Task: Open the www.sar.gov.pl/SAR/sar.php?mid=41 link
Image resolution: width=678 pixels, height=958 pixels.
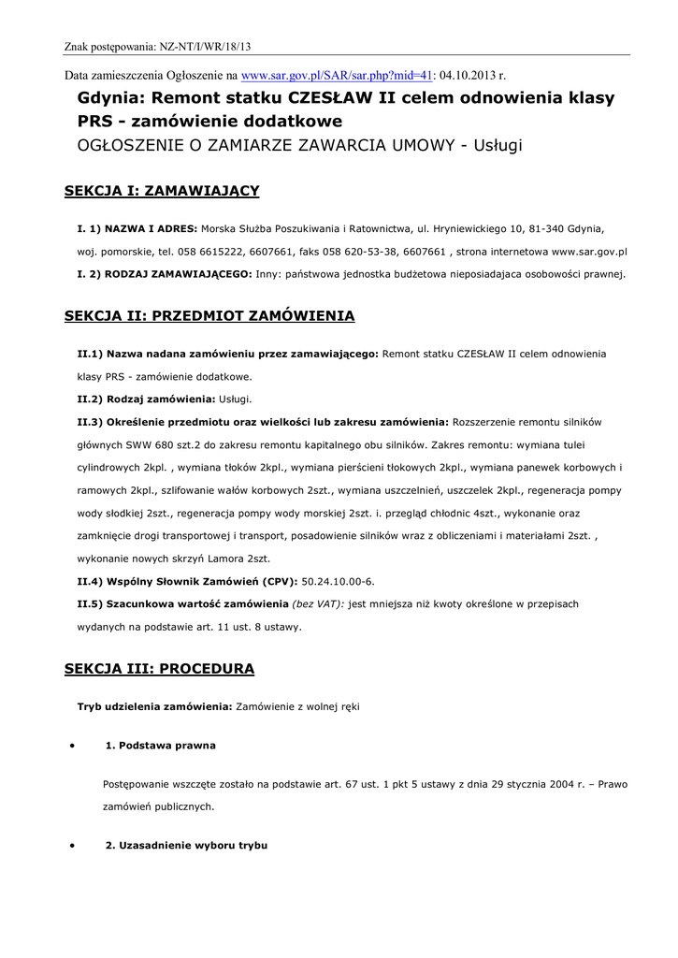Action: pos(338,76)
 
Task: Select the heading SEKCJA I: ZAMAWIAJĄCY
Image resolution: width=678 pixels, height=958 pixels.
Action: pos(162,191)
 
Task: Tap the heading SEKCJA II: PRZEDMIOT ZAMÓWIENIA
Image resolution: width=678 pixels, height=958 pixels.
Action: pos(209,316)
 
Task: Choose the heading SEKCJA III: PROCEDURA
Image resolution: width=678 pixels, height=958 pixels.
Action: pos(159,669)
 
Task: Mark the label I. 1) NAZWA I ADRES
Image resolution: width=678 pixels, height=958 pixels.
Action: pos(137,228)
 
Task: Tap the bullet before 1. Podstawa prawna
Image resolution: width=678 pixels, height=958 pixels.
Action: pos(72,746)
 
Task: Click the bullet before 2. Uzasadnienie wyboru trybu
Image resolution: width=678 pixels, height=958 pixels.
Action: pos(72,846)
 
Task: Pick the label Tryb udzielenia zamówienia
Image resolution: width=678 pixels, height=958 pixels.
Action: pos(154,706)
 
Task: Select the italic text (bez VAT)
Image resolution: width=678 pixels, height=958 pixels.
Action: pos(319,604)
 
